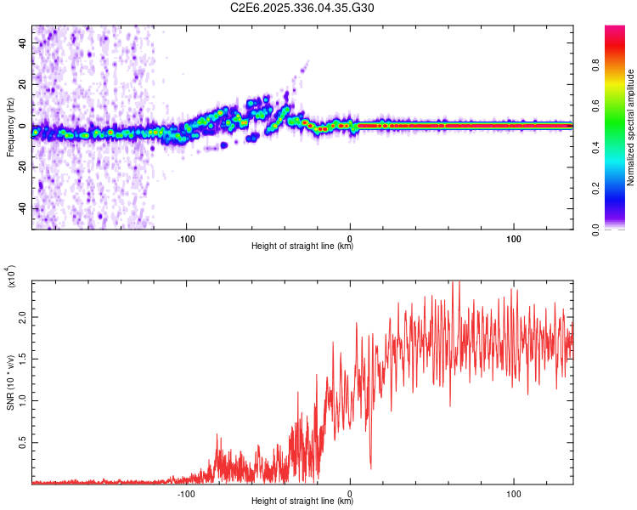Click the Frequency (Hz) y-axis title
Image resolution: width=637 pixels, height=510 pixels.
click(10, 127)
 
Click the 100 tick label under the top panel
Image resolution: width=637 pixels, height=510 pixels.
click(514, 238)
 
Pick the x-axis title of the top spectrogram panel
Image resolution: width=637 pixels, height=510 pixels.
click(302, 246)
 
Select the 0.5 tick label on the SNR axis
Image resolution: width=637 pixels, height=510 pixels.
click(21, 443)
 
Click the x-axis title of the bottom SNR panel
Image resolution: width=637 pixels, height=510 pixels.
click(302, 501)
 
